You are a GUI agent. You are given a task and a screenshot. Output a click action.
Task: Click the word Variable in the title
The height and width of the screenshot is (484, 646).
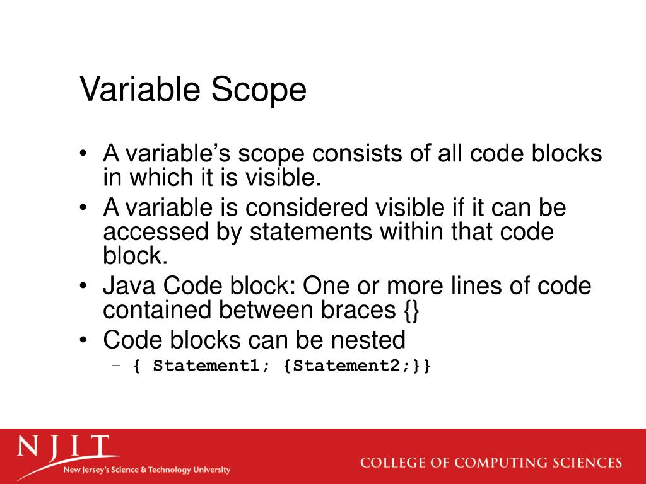pyautogui.click(x=141, y=89)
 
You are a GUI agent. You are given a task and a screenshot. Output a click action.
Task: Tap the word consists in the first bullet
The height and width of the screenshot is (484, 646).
pyautogui.click(x=356, y=154)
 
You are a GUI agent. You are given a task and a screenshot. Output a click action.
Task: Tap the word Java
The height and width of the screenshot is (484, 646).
pyautogui.click(x=130, y=287)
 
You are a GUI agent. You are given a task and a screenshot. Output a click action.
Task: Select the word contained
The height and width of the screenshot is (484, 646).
pyautogui.click(x=157, y=310)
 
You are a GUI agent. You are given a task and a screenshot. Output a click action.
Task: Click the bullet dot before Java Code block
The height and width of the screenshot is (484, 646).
pyautogui.click(x=84, y=287)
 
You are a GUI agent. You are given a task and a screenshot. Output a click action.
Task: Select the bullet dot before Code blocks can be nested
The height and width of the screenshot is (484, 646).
pyautogui.click(x=84, y=340)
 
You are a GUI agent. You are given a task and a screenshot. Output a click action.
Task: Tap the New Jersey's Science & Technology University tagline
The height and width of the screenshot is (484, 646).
pyautogui.click(x=146, y=470)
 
